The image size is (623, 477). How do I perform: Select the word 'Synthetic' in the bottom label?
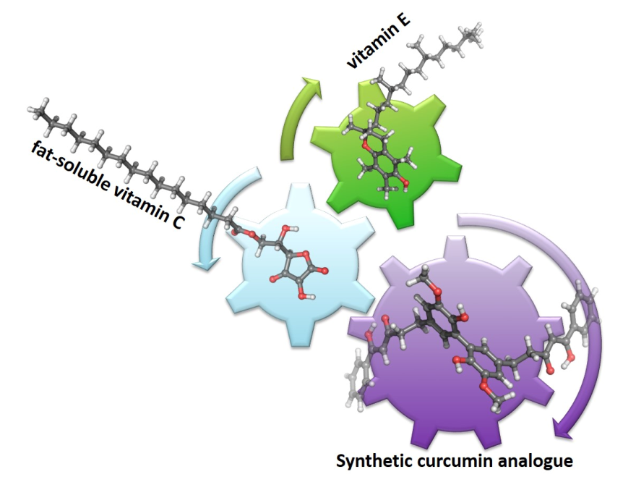click(x=377, y=460)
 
